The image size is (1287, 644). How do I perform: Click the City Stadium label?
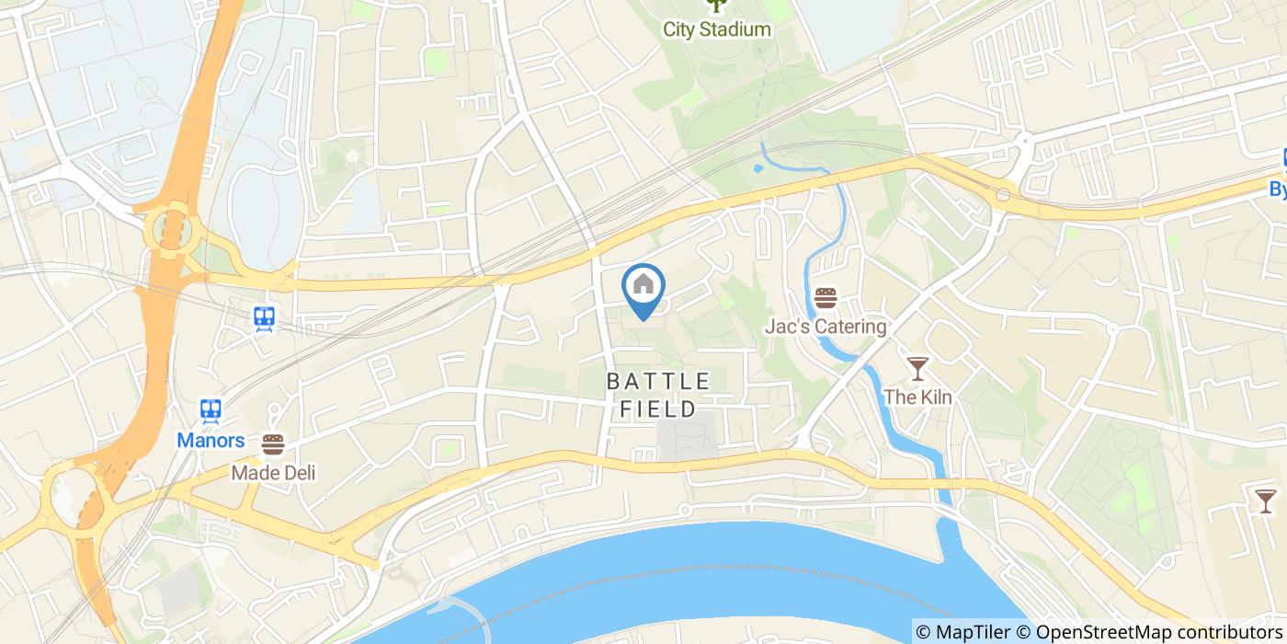(x=717, y=29)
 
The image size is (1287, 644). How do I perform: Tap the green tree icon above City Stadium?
(x=716, y=6)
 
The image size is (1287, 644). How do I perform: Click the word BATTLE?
(x=658, y=381)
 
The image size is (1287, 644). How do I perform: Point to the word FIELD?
(x=658, y=408)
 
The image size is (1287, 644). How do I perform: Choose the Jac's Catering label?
(x=826, y=327)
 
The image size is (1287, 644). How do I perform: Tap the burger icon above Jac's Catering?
(x=826, y=298)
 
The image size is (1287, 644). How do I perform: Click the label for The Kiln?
(x=917, y=397)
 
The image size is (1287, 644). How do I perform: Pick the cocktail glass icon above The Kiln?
(x=917, y=369)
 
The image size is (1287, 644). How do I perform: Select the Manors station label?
(x=211, y=441)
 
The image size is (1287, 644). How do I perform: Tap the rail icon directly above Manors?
(x=211, y=410)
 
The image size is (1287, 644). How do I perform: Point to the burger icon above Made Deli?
(x=273, y=444)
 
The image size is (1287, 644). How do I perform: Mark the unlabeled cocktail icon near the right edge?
(x=1266, y=500)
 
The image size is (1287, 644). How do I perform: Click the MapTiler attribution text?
(x=974, y=632)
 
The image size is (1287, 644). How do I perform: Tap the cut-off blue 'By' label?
(x=1277, y=188)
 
